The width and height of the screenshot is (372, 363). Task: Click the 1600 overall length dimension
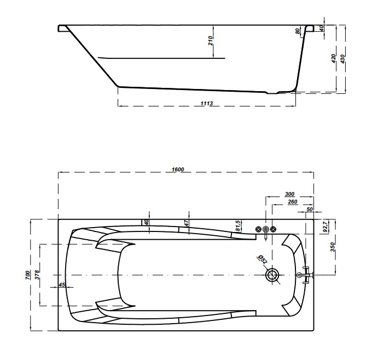pyautogui.click(x=178, y=170)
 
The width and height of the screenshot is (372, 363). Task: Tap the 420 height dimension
pyautogui.click(x=333, y=59)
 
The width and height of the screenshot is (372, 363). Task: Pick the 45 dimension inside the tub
pyautogui.click(x=61, y=285)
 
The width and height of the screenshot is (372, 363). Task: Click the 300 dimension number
pyautogui.click(x=290, y=194)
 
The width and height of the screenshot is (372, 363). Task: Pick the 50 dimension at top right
pyautogui.click(x=310, y=209)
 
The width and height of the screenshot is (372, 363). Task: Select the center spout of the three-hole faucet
pyautogui.click(x=266, y=230)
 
